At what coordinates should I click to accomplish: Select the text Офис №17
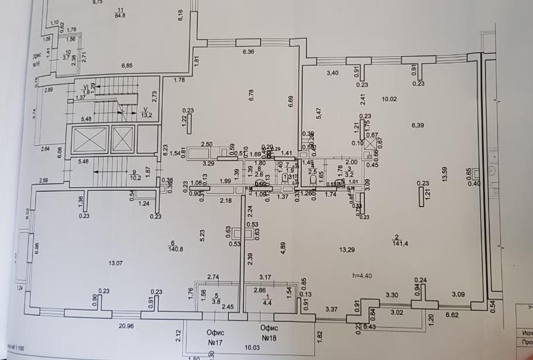[216, 337]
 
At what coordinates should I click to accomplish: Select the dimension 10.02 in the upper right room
[390, 99]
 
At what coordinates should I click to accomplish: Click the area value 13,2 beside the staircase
[146, 115]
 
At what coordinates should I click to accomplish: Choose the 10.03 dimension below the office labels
[252, 348]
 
